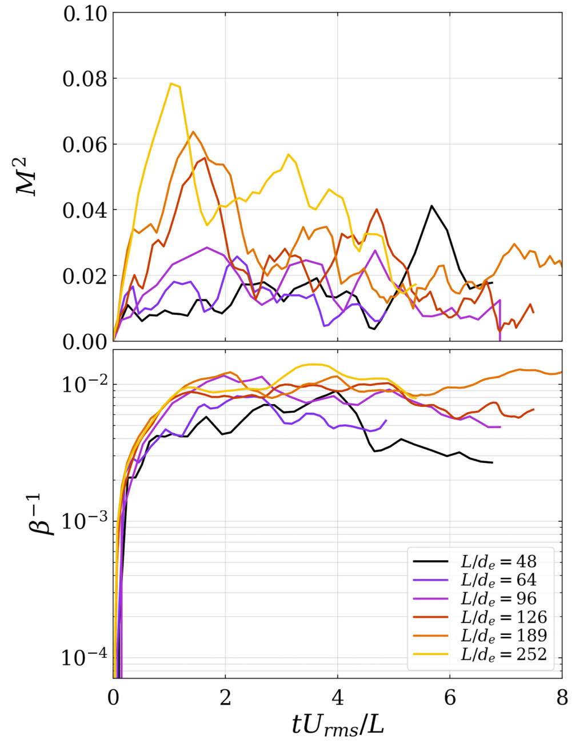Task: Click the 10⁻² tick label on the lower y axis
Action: point(83,384)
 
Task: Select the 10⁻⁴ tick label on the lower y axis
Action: point(83,657)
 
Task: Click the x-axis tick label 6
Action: point(450,698)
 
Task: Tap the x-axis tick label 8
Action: point(562,698)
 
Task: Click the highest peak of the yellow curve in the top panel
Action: point(171,83)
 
